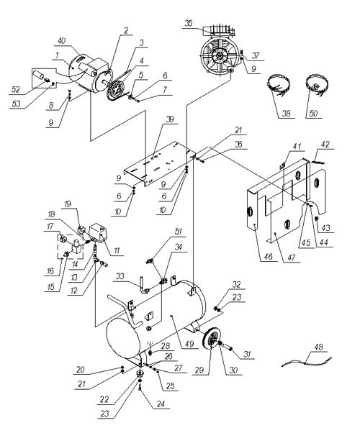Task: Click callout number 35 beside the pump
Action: pos(189,24)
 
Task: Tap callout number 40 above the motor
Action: pos(62,41)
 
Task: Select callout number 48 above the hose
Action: pos(318,347)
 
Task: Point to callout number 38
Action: pos(287,113)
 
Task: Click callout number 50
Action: pos(314,113)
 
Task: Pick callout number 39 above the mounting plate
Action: pos(170,119)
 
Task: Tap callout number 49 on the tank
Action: pos(189,344)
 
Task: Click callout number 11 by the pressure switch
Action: pos(117,250)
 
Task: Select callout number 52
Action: pos(16,89)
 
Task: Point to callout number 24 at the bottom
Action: pos(161,404)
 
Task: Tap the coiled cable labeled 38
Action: pos(279,86)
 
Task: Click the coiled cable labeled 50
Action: pos(315,85)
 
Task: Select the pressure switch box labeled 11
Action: pos(99,232)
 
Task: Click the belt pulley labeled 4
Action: pos(115,90)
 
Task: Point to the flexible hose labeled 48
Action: pos(307,362)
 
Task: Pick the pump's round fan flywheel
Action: pos(218,57)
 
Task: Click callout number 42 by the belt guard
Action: pos(325,145)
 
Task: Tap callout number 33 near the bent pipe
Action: pos(120,276)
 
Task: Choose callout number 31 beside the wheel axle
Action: pos(247,354)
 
